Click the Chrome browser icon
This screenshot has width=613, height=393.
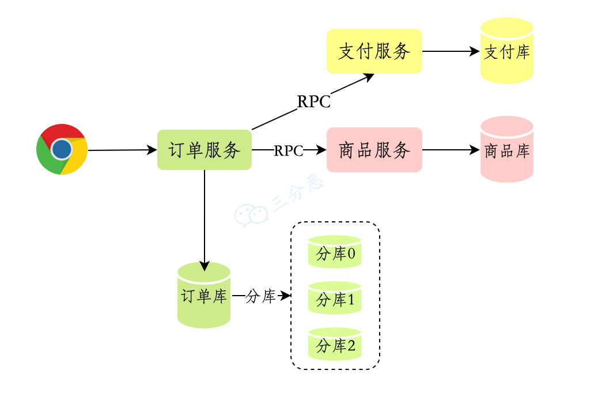[62, 149]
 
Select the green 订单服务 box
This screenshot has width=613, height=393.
[205, 150]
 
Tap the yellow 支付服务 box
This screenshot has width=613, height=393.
[374, 51]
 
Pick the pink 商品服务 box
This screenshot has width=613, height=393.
[374, 150]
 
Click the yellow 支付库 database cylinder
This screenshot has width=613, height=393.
[507, 51]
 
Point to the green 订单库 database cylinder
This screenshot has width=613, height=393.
[204, 296]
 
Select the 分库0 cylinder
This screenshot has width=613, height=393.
[335, 252]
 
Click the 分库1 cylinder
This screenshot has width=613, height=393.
[335, 298]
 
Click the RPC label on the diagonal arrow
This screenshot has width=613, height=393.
[314, 102]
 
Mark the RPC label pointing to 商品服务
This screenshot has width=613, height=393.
[289, 150]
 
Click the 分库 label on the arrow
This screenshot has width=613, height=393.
[261, 297]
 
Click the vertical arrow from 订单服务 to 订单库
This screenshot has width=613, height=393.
[205, 219]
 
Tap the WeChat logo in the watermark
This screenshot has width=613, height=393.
[252, 215]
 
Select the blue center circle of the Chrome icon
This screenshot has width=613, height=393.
[61, 149]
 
